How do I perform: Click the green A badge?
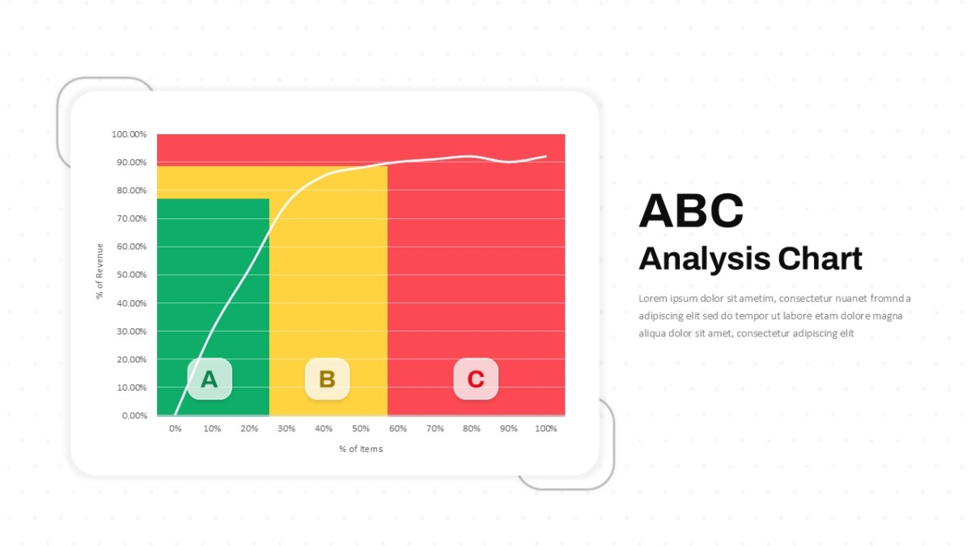click(x=210, y=379)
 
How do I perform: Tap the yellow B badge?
click(x=327, y=379)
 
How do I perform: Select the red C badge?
click(x=476, y=379)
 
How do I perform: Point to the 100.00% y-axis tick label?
click(x=129, y=134)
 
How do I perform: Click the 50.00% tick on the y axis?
click(x=132, y=275)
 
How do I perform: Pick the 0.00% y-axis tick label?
click(x=134, y=416)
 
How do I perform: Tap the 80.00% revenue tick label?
click(x=132, y=190)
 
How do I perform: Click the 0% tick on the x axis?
click(x=175, y=429)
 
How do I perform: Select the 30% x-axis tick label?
click(x=286, y=429)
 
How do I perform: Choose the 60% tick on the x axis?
click(x=398, y=429)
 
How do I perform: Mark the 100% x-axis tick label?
click(x=545, y=429)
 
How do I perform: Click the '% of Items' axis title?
click(x=361, y=449)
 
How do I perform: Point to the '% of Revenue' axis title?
click(x=100, y=271)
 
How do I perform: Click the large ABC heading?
click(x=691, y=210)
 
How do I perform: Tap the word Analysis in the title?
click(x=705, y=259)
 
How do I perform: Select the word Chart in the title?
click(x=820, y=259)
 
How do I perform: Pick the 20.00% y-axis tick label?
click(x=132, y=359)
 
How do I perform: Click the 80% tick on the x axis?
click(x=472, y=429)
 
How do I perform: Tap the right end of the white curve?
click(x=545, y=156)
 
